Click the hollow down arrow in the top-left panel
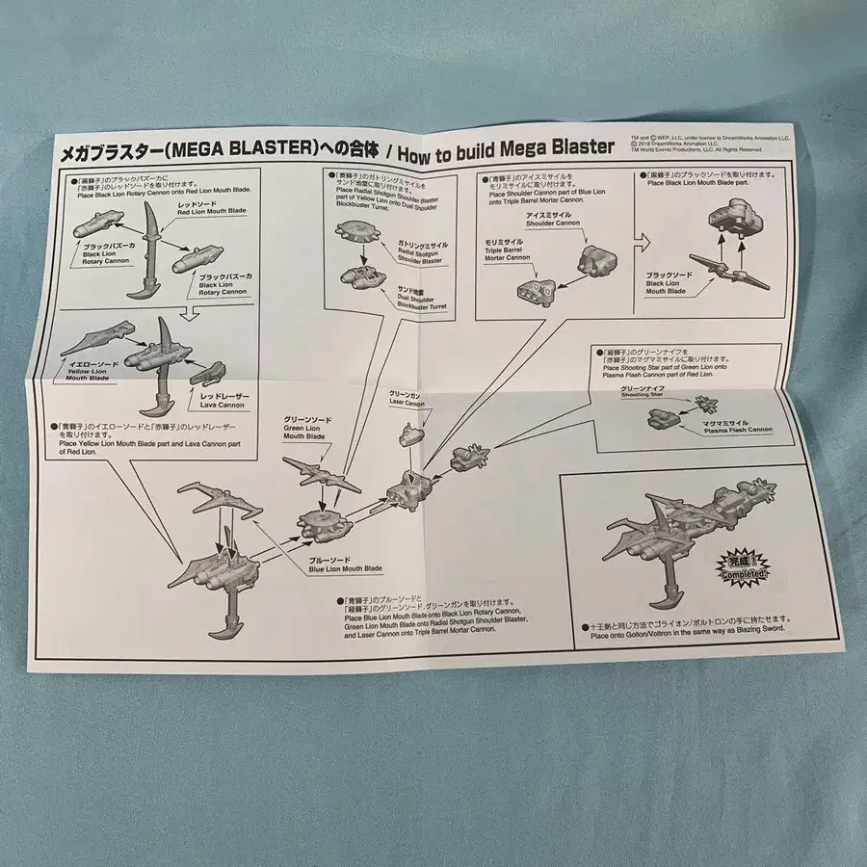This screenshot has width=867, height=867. tap(190, 311)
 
